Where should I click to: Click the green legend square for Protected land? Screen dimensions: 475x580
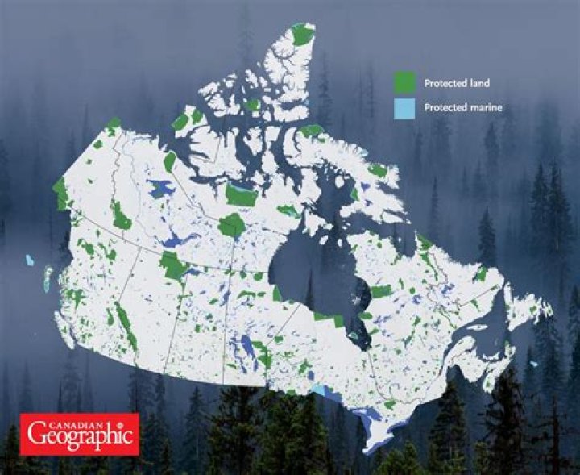404,82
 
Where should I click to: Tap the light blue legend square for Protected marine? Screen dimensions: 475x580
404,108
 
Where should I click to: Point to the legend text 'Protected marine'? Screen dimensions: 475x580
463,108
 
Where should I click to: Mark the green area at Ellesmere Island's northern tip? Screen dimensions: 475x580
304,35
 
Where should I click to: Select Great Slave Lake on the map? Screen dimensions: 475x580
174,240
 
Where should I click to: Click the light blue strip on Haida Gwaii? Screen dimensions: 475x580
48,279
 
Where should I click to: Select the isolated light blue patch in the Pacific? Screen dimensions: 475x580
30,260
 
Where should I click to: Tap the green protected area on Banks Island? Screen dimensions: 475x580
180,122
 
